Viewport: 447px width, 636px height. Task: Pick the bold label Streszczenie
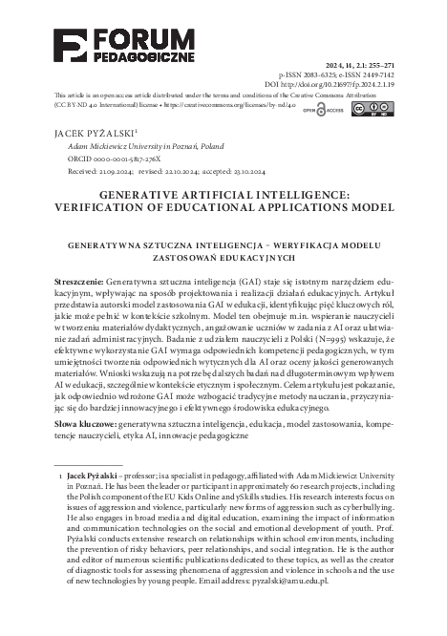click(79, 285)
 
